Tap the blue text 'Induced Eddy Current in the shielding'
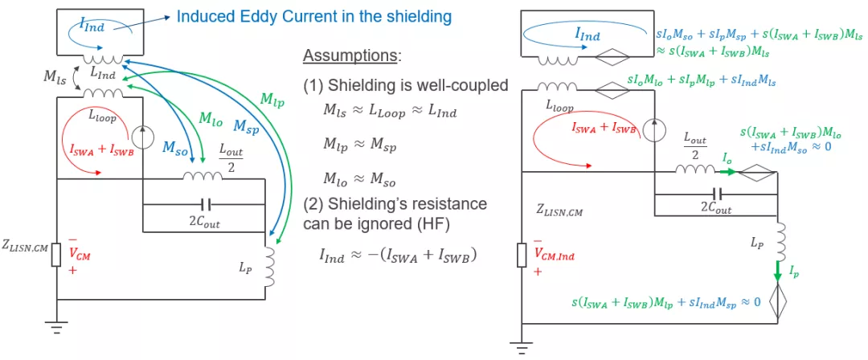point(314,17)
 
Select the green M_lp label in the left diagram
point(272,99)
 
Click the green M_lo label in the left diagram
point(209,118)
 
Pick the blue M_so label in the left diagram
point(174,147)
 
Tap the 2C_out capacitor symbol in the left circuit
point(203,204)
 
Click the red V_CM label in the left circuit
point(80,256)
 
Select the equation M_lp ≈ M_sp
point(360,146)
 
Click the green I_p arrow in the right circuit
point(777,271)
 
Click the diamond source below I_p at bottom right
point(777,301)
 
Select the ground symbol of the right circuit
point(521,349)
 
